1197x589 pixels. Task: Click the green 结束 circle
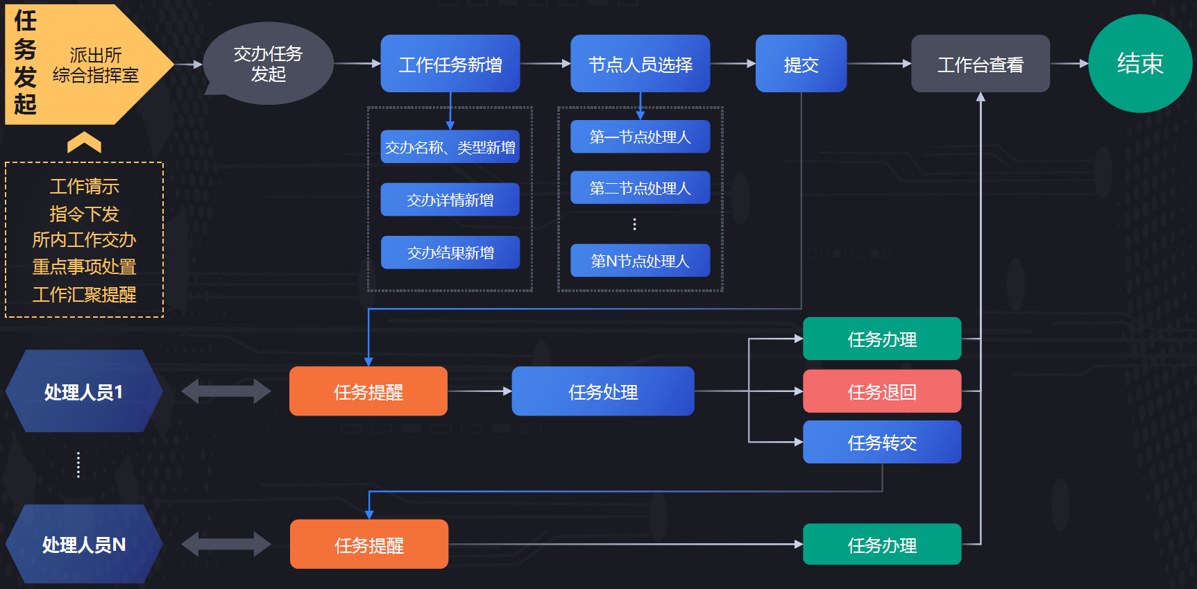(1139, 64)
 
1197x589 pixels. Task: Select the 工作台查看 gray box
(980, 64)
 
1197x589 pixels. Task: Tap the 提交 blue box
(801, 64)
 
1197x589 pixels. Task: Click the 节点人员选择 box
(640, 64)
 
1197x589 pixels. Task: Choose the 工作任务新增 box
(450, 64)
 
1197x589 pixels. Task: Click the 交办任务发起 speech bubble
(268, 64)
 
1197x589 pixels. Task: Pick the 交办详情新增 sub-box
(450, 200)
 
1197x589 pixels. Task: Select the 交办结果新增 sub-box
(450, 253)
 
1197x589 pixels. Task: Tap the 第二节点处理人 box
(640, 188)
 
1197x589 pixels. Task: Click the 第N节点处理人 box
(640, 261)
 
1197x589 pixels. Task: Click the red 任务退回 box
(881, 392)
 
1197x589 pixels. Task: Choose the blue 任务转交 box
(881, 443)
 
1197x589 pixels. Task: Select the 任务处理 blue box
(602, 392)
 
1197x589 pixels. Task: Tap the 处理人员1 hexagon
(83, 392)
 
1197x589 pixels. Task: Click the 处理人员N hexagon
(83, 545)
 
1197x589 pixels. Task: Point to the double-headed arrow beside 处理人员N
(226, 545)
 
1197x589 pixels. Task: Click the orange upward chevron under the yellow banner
(84, 143)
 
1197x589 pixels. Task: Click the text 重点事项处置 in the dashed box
(84, 267)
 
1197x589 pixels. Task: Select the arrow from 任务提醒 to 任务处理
(479, 392)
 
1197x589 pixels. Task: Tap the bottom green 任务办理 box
(881, 545)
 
